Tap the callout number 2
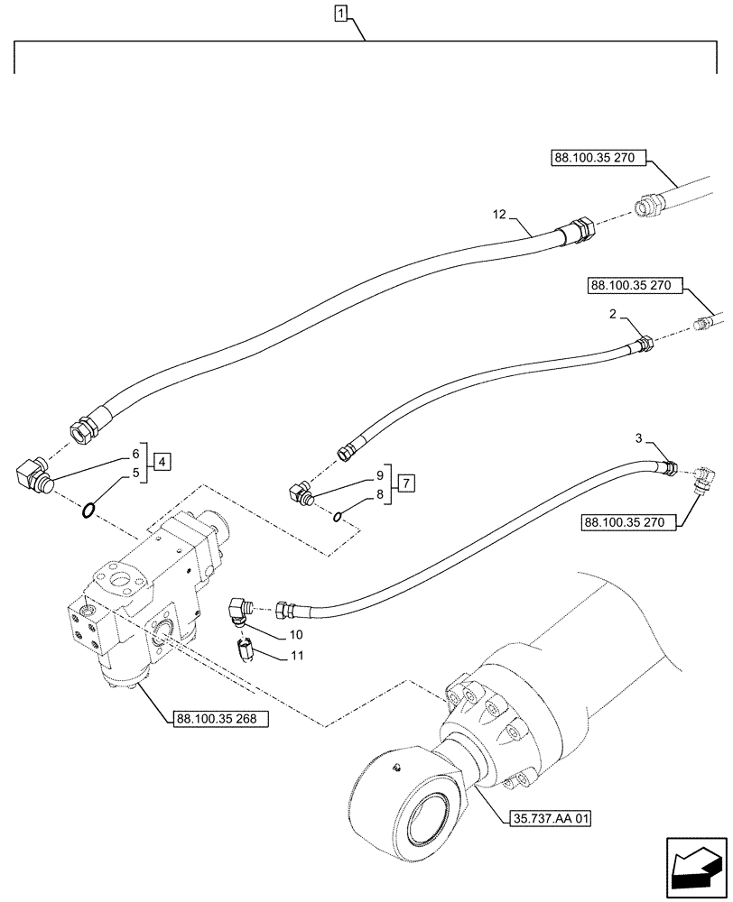click(x=613, y=315)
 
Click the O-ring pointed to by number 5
click(x=86, y=512)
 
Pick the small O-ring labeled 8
click(x=336, y=517)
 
